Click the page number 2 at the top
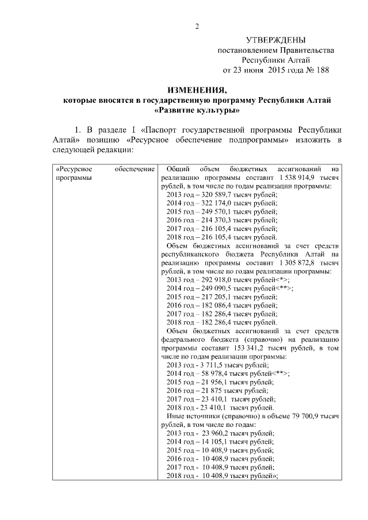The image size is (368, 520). [x=197, y=26]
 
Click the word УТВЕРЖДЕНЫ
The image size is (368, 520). [x=275, y=40]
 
